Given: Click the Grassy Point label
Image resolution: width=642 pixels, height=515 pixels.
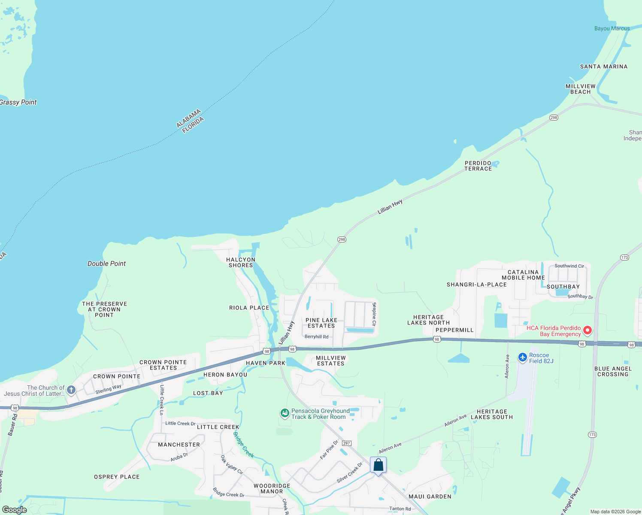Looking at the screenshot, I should [x=18, y=102].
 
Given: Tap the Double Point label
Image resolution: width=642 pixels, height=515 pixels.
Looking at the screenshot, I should [x=106, y=264].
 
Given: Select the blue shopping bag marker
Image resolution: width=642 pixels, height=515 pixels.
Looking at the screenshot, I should [x=378, y=465].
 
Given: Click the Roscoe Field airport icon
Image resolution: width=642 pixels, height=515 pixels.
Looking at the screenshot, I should [x=522, y=357].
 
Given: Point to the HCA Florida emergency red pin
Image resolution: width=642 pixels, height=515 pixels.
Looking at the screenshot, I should [x=587, y=330].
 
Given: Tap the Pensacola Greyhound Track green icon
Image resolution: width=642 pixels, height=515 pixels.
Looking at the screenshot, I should [x=285, y=413].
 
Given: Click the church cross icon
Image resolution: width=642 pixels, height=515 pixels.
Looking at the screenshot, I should [x=71, y=390].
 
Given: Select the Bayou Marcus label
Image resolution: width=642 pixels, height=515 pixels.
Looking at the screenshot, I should [x=612, y=28].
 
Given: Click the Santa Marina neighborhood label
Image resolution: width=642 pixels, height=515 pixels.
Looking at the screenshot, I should [x=604, y=67].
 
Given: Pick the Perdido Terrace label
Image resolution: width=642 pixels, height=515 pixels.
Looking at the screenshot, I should [x=478, y=166].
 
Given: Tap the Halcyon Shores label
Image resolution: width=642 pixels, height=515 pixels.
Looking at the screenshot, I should [x=241, y=262].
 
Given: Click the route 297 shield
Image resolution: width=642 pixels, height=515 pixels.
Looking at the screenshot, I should [x=347, y=443].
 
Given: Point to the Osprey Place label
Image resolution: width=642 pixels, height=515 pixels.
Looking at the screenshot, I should [x=117, y=477].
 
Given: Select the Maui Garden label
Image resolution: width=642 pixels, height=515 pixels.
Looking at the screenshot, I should [x=430, y=497].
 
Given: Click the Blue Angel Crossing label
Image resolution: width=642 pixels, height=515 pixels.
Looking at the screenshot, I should [x=613, y=371].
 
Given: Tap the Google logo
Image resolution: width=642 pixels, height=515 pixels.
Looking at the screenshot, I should [x=15, y=509].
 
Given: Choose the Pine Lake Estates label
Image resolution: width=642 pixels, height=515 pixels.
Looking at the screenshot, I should [x=321, y=323].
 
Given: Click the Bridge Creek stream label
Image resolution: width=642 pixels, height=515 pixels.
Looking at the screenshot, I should [x=243, y=445].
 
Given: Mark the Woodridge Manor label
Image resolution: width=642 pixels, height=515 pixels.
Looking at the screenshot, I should [x=272, y=488].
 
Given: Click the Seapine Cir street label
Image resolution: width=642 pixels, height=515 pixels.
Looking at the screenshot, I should [x=374, y=314].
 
